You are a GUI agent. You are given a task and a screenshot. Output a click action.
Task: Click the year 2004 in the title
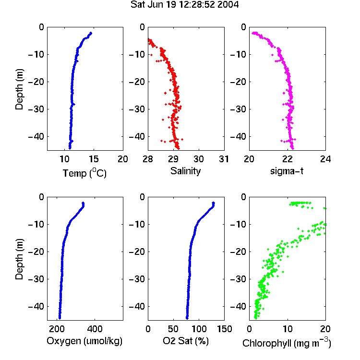coord(228,4)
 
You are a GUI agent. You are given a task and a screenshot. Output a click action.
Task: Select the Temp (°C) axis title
coord(84,173)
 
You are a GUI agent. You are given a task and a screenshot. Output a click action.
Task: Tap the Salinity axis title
coord(185,171)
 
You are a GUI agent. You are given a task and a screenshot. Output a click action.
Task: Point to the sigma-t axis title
coord(287,171)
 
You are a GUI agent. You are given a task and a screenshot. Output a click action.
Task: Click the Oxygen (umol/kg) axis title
coord(84,341)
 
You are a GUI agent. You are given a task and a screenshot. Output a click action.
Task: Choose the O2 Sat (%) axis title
coord(186,341)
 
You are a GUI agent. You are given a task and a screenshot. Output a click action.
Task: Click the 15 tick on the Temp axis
coord(94,159)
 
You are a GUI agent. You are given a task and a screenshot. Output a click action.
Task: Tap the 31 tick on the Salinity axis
coord(224,159)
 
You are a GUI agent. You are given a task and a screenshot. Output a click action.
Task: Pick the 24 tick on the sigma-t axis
coord(325,159)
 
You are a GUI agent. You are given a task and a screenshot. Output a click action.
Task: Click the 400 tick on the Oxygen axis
coord(95,329)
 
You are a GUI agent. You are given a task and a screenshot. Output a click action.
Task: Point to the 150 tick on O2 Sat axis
coord(224,329)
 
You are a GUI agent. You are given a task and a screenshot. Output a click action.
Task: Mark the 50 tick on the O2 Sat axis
coord(173,329)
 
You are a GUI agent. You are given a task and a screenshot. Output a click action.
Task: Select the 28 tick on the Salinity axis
coord(148,159)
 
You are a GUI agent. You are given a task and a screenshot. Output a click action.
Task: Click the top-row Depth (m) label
coord(19,89)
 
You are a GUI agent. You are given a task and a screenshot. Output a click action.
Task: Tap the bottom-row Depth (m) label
coord(19,259)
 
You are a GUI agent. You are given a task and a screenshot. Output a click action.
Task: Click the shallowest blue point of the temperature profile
coord(91,33)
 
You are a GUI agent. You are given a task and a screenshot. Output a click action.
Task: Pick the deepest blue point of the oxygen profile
coord(60,318)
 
